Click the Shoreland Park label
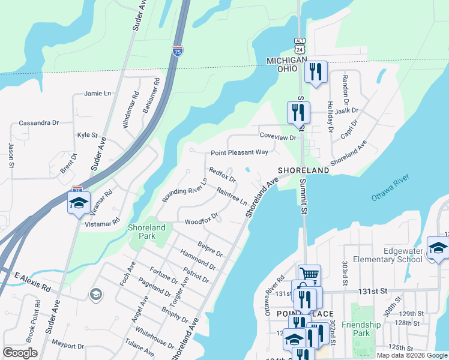tap(146, 232)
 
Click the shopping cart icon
tap(309, 275)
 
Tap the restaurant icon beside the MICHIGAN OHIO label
tap(315, 71)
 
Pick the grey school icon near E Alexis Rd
tap(95, 294)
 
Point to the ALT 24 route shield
tap(300, 44)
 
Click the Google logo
tap(20, 353)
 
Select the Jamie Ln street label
tap(98, 94)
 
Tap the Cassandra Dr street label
tap(38, 122)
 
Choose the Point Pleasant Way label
tap(239, 152)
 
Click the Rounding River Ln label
tap(184, 190)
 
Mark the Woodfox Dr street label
tap(201, 221)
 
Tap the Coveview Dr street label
tap(278, 137)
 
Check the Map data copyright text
tap(411, 355)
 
